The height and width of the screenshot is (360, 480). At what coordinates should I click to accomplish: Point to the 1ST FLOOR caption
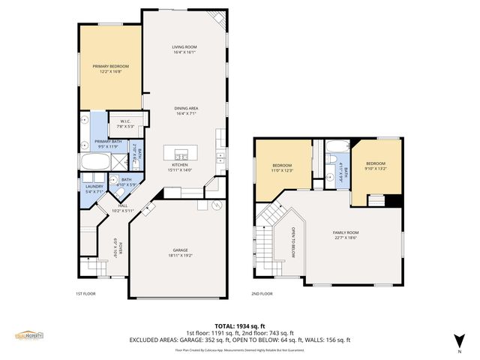tap(85, 294)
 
